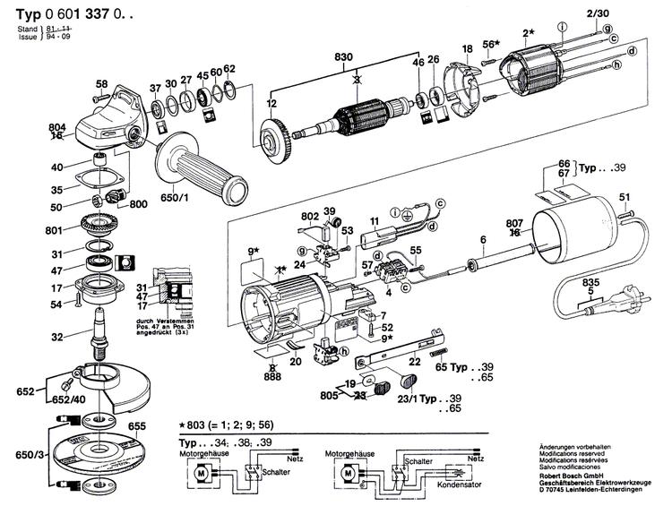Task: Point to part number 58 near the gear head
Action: pyautogui.click(x=102, y=83)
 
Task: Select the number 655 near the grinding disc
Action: pyautogui.click(x=137, y=428)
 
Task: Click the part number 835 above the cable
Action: pyautogui.click(x=590, y=281)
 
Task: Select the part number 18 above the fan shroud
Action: pyautogui.click(x=467, y=47)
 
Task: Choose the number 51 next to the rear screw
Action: pyautogui.click(x=625, y=197)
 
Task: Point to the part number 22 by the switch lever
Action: pyautogui.click(x=413, y=361)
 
